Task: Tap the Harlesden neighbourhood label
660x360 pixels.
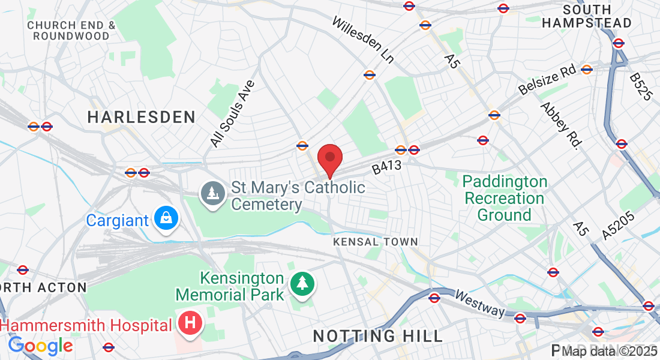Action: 142,117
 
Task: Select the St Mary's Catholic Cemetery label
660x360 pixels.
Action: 298,196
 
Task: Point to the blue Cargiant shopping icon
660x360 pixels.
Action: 165,219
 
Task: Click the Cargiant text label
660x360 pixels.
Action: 117,220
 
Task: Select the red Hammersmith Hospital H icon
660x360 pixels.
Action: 191,323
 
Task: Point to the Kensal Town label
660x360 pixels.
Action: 376,242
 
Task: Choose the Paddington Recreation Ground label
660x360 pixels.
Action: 505,198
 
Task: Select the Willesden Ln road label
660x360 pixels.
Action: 364,40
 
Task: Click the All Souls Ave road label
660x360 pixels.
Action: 233,114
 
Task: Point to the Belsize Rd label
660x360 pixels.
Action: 547,80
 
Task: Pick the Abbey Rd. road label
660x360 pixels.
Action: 562,125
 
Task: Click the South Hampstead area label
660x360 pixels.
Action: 587,17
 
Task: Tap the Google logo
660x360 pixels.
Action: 40,346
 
